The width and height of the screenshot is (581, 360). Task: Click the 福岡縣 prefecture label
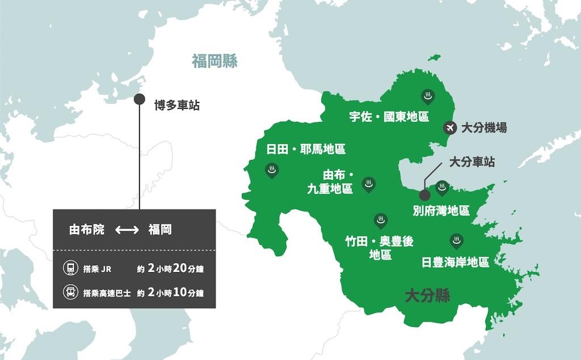214,61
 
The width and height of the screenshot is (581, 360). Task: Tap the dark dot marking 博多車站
139,100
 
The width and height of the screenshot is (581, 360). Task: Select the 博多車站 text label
177,105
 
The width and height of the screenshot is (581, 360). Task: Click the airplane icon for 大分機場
450,128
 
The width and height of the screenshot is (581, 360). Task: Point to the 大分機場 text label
483,128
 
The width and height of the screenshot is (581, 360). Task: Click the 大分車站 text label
471,162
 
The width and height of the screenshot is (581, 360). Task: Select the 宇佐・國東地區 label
389,117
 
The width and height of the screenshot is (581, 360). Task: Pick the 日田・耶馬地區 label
306,149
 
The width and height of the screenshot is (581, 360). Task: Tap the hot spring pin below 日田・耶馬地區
272,170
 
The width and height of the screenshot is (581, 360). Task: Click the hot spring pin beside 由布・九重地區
369,184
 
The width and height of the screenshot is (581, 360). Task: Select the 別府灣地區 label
441,211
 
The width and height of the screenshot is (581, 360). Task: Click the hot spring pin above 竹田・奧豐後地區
380,220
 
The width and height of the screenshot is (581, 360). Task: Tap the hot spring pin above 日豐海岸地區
456,241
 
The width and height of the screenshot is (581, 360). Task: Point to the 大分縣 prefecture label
427,295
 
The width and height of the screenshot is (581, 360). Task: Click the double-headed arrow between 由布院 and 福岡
127,230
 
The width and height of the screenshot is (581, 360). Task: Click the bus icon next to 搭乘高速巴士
69,293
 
